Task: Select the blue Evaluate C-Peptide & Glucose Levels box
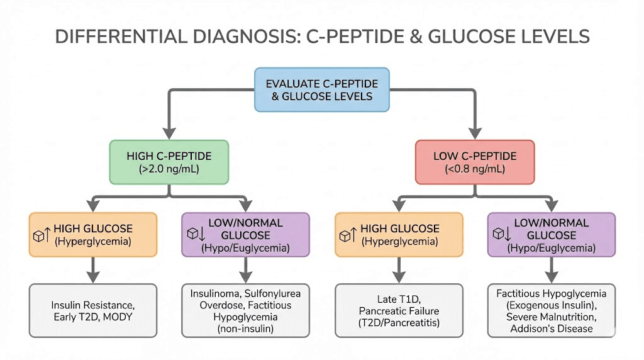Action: pyautogui.click(x=321, y=89)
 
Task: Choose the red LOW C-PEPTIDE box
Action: pyautogui.click(x=475, y=162)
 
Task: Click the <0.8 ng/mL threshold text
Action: pyautogui.click(x=475, y=169)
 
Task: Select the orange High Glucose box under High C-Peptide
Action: pyautogui.click(x=92, y=234)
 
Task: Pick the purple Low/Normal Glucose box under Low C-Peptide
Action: pyautogui.click(x=552, y=235)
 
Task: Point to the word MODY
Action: pyautogui.click(x=119, y=317)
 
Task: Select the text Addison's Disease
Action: pyautogui.click(x=552, y=329)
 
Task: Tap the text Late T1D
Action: pyautogui.click(x=398, y=300)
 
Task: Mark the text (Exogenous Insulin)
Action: pyautogui.click(x=552, y=305)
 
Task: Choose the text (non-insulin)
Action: pyautogui.click(x=245, y=329)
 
